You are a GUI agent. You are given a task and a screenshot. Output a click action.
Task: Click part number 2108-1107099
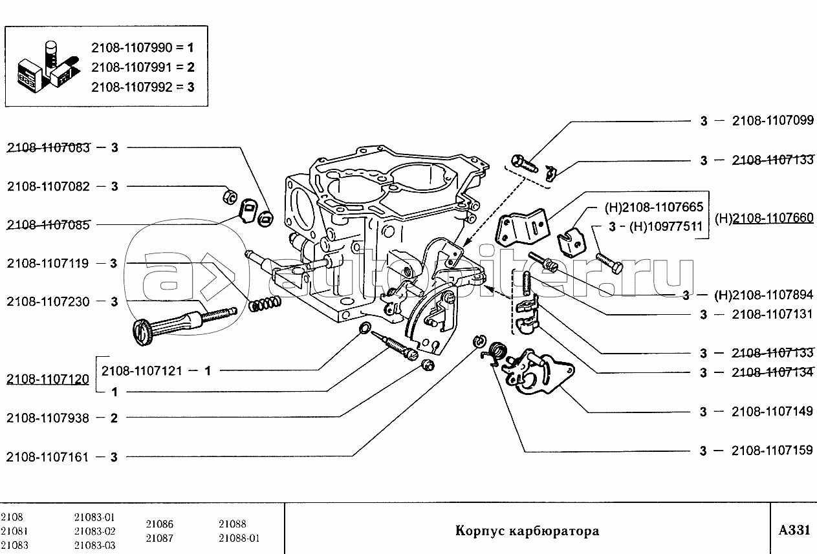pyautogui.click(x=772, y=121)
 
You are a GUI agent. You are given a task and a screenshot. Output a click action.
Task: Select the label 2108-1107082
pyautogui.click(x=49, y=186)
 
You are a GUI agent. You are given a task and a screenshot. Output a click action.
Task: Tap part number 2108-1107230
pyautogui.click(x=49, y=301)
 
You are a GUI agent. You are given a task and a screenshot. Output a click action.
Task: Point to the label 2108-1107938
pyautogui.click(x=49, y=418)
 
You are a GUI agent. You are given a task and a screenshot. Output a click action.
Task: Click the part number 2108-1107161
pyautogui.click(x=49, y=456)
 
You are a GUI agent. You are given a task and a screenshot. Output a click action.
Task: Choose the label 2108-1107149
pyautogui.click(x=772, y=412)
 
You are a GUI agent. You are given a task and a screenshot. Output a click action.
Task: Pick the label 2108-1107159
pyautogui.click(x=772, y=451)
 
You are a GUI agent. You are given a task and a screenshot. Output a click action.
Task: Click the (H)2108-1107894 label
pyautogui.click(x=764, y=295)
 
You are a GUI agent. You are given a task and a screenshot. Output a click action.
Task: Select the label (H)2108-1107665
pyautogui.click(x=654, y=208)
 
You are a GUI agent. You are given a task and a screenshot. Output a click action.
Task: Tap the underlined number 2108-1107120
pyautogui.click(x=49, y=380)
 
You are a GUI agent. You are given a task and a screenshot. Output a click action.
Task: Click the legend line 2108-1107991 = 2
pyautogui.click(x=142, y=67)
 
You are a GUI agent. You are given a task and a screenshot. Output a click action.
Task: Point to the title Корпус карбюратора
pyautogui.click(x=527, y=531)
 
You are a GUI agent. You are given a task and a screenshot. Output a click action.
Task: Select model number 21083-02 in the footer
pyautogui.click(x=94, y=531)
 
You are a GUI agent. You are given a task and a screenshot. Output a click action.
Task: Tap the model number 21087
pyautogui.click(x=159, y=538)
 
